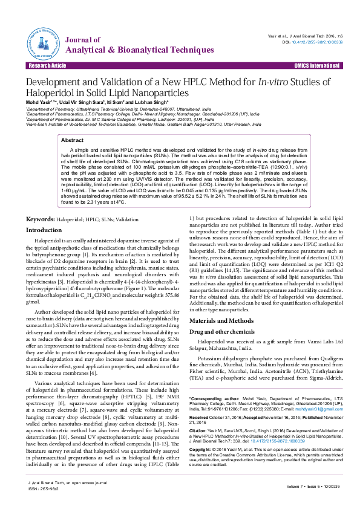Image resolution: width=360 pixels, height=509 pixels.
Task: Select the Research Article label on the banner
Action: [42, 65]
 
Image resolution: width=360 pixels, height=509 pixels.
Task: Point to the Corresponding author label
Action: [215, 398]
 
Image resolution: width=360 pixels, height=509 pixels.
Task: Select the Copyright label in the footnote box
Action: [201, 450]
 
